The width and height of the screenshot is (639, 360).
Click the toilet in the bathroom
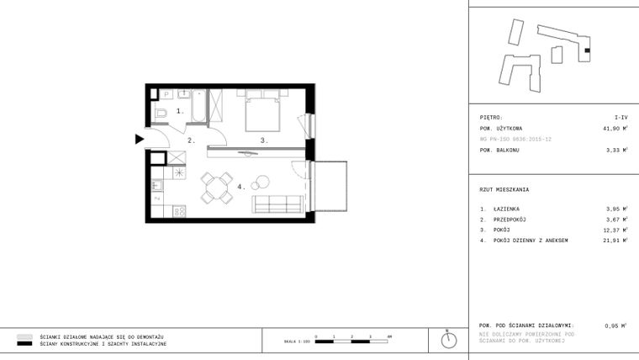pyautogui.click(x=162, y=113)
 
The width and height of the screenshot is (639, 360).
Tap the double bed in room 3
pyautogui.click(x=262, y=113)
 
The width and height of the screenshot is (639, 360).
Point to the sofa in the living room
pyautogui.click(x=277, y=203)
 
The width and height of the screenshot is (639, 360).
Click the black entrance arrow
pyautogui.click(x=140, y=140)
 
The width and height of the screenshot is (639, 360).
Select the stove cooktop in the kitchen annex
pyautogui.click(x=179, y=212)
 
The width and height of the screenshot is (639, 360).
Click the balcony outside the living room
pyautogui.click(x=329, y=187)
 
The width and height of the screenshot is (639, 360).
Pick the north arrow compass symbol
pyautogui.click(x=450, y=341)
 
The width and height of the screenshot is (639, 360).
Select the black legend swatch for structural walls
pyautogui.click(x=24, y=344)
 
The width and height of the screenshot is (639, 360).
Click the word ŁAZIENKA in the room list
pyautogui.click(x=507, y=208)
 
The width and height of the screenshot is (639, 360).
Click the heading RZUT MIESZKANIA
pyautogui.click(x=504, y=189)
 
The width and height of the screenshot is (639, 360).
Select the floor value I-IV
pyautogui.click(x=621, y=118)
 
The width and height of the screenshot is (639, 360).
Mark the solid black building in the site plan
pyautogui.click(x=588, y=51)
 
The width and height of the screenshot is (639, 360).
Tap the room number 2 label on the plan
pyautogui.click(x=191, y=140)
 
